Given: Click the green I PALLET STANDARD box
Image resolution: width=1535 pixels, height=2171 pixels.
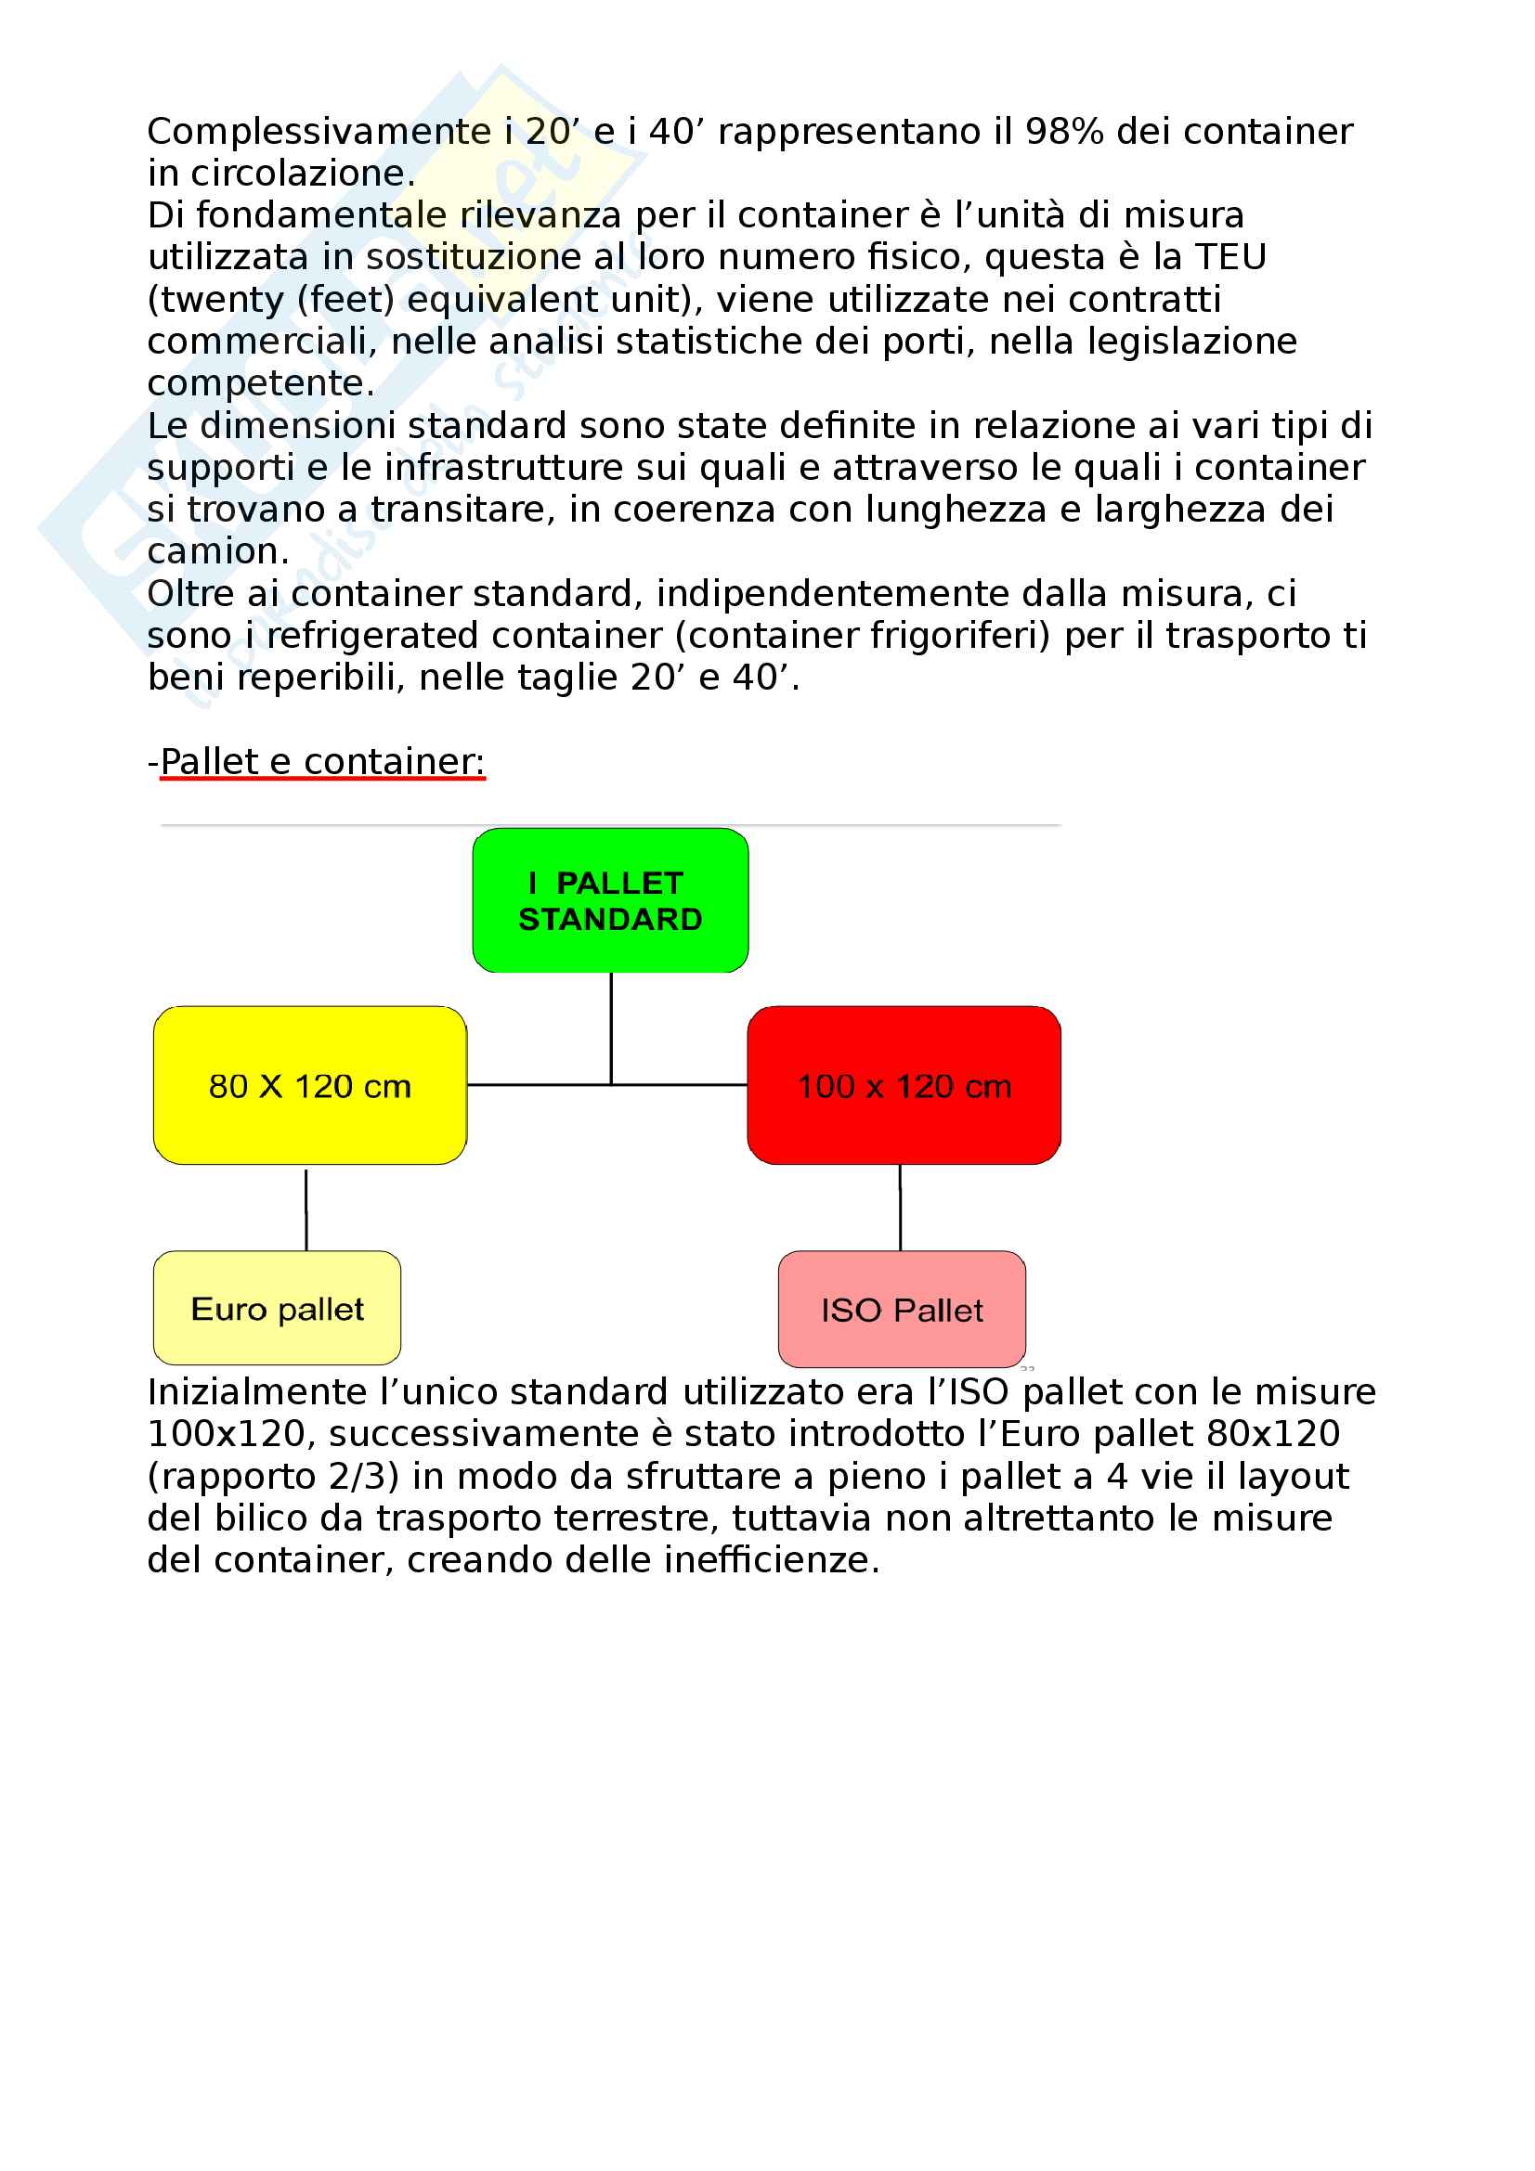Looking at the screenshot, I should (x=610, y=899).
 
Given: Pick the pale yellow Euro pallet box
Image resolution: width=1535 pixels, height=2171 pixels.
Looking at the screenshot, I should (x=277, y=1308).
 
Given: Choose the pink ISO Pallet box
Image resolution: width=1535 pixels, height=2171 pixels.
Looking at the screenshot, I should (x=902, y=1309).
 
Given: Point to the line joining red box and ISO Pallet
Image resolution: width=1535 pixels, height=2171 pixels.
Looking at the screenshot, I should (x=900, y=1208).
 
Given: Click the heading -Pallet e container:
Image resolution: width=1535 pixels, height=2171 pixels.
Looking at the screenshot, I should (x=317, y=761).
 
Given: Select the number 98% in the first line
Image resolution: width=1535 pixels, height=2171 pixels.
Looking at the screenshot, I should (x=1064, y=132).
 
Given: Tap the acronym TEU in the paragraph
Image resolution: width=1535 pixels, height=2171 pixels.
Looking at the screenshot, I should (x=1230, y=257).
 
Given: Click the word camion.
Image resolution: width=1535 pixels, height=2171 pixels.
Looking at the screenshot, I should (x=217, y=551).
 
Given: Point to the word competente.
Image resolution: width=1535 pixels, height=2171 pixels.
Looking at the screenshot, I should (x=260, y=383).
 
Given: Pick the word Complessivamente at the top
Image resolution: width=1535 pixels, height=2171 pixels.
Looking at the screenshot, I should (x=319, y=132).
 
